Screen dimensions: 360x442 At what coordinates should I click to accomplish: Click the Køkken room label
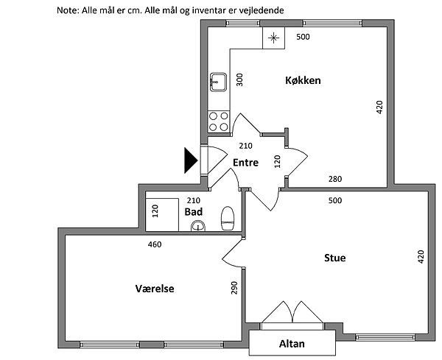pos(303,81)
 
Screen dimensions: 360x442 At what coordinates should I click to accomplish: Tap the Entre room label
pos(245,163)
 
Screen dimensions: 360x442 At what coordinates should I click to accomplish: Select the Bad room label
pos(194,211)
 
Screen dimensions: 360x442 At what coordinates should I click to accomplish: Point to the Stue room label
pos(335,258)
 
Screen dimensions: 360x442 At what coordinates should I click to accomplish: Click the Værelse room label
pos(155,289)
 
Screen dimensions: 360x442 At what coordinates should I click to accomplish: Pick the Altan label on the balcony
pos(292,344)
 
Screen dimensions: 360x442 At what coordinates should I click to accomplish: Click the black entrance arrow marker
pos(191,160)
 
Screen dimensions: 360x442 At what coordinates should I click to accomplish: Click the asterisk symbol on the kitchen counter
pos(273,38)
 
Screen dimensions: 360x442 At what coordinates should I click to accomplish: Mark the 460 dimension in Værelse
pos(154,244)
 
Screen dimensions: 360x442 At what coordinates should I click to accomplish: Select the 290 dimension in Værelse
pos(234,288)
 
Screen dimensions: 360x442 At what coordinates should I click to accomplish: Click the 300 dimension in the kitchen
pos(239,80)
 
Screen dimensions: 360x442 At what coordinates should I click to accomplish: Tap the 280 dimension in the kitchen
pos(335,179)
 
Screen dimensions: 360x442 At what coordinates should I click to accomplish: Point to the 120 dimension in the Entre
pos(278,162)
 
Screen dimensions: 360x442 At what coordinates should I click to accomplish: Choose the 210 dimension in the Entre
pos(246,146)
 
